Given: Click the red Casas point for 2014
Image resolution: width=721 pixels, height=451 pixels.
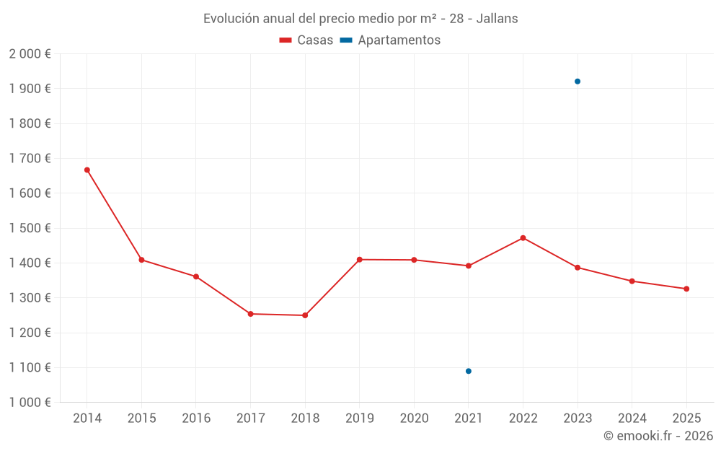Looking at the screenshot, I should click(87, 170).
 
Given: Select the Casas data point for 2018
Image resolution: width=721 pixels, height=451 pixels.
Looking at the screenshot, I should click(305, 315).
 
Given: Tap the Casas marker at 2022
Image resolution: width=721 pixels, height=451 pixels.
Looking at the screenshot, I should click(523, 238).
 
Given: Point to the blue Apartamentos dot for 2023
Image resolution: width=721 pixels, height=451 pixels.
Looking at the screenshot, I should click(578, 82).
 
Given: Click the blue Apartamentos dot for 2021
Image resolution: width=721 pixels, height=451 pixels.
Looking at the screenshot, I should click(469, 371).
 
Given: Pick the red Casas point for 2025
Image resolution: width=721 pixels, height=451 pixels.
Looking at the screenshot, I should click(686, 289).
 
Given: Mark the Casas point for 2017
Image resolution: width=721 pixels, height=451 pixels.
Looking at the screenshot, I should click(250, 314).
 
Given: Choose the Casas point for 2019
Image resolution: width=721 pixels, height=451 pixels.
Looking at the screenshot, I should click(359, 259).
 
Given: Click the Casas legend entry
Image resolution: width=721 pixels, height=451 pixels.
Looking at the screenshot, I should click(306, 40).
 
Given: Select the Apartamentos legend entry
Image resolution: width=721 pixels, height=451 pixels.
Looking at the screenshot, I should click(390, 40).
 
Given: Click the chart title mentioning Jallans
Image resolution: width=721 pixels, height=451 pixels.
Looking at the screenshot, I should click(360, 19).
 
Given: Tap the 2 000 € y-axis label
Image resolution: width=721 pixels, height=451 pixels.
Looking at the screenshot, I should click(30, 54).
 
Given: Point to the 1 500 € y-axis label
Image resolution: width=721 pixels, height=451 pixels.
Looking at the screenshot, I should click(30, 228).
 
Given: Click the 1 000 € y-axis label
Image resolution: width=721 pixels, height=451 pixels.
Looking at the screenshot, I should click(30, 403).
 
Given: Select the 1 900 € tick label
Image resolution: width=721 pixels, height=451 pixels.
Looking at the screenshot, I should click(30, 89).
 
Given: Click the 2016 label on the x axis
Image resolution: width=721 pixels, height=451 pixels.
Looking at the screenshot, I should click(196, 419).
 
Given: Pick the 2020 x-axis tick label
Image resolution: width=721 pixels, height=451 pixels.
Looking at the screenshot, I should click(414, 419).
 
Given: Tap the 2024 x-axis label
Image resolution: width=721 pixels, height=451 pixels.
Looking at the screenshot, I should click(632, 419).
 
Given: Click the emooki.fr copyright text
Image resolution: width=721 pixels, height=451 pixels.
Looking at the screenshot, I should click(658, 436).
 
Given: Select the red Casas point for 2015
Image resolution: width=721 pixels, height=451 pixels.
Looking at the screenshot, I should click(141, 260).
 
